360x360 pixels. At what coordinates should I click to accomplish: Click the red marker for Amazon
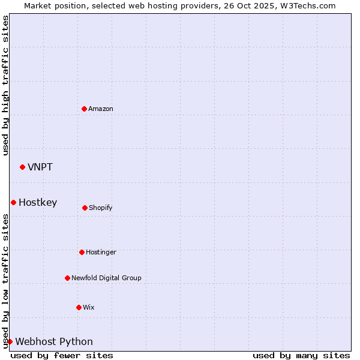click(x=84, y=109)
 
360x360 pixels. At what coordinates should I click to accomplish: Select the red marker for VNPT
click(x=22, y=167)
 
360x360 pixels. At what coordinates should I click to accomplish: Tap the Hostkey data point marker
click(x=13, y=202)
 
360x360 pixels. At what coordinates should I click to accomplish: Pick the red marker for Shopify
click(x=85, y=208)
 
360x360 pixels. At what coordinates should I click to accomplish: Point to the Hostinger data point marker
click(x=82, y=252)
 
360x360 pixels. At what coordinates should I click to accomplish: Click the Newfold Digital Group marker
click(x=67, y=278)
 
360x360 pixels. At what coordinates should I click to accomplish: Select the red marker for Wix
click(x=79, y=307)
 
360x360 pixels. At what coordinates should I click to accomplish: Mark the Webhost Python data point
click(x=10, y=341)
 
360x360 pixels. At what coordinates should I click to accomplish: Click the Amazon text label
click(x=101, y=109)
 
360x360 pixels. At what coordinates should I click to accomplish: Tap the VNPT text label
click(x=40, y=167)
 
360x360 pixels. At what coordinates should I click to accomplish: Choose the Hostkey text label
click(x=38, y=202)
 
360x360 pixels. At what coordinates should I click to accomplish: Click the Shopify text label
click(x=101, y=208)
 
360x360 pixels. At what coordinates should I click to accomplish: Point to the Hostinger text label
click(x=101, y=252)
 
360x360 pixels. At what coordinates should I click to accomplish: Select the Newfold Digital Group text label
click(x=106, y=278)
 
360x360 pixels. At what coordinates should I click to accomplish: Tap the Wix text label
click(x=89, y=307)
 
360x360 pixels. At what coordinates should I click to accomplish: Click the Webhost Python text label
click(x=54, y=341)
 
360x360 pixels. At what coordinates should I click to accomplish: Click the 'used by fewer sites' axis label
click(x=62, y=355)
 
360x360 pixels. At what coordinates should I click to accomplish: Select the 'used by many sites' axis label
click(x=301, y=355)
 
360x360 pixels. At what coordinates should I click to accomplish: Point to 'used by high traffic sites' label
click(x=5, y=85)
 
